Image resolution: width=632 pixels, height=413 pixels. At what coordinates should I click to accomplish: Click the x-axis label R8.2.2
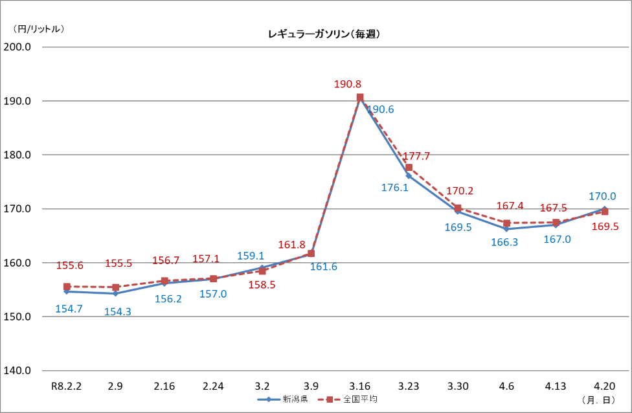[x=66, y=386]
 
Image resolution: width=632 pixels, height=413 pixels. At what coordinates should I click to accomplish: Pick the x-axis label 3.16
[x=360, y=386]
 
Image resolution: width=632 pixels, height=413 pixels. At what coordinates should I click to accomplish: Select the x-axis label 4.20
[x=604, y=386]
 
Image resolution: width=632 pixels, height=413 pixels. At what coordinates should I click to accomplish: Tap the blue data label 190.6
[x=380, y=109]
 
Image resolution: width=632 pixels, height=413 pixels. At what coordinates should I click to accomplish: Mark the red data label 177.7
[x=416, y=157]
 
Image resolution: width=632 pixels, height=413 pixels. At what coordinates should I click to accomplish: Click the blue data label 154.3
[x=117, y=311]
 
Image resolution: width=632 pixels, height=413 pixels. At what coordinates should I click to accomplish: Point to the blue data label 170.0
[x=602, y=196]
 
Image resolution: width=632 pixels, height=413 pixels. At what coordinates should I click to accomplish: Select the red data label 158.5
[x=262, y=284]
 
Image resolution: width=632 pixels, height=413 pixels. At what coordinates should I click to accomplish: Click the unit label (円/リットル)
[x=38, y=28]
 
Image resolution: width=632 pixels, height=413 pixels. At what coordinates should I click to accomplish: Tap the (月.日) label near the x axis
[x=599, y=399]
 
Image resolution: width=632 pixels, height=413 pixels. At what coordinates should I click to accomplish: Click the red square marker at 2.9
[x=115, y=287]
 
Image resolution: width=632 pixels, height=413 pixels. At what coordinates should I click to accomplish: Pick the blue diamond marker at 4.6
[x=506, y=229]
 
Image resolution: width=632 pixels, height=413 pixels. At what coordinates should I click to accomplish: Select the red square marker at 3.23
[x=409, y=168]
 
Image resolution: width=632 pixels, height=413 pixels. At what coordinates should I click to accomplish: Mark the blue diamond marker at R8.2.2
[x=67, y=291]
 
